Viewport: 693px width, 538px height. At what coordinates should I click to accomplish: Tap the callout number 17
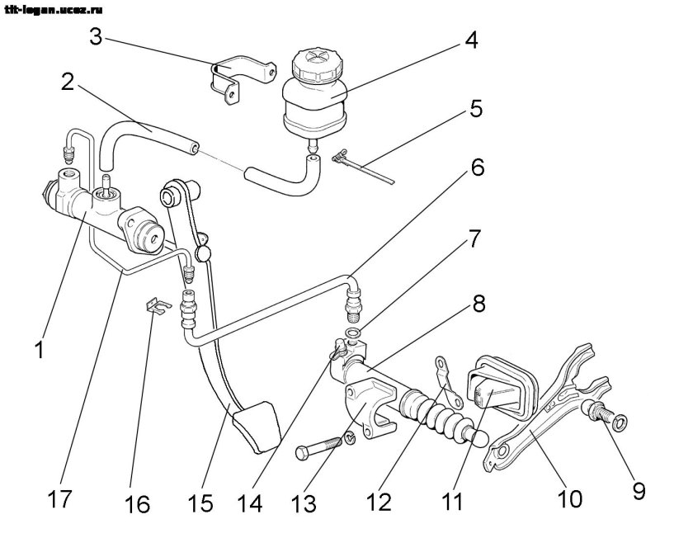(x=60, y=500)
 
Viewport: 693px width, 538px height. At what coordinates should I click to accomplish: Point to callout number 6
(x=477, y=168)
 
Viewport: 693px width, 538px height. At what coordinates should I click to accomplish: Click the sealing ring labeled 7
(x=353, y=333)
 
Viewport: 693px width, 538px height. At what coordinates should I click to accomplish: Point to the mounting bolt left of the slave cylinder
(x=318, y=451)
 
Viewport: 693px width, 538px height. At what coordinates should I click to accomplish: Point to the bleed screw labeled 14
(x=337, y=348)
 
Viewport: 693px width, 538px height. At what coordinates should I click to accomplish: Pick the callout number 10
(x=569, y=499)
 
